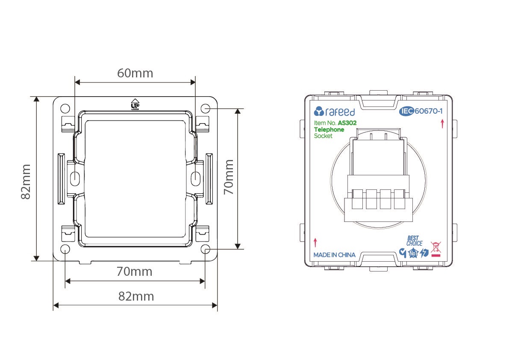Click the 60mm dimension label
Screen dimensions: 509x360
click(135, 73)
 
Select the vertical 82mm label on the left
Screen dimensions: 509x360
click(26, 181)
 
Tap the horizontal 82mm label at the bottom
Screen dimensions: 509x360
click(136, 296)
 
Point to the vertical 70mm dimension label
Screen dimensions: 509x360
click(229, 177)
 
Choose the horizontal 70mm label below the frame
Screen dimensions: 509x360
click(134, 271)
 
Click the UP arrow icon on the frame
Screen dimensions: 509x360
click(135, 104)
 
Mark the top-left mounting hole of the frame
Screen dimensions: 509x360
click(65, 109)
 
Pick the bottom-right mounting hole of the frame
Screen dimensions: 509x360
click(206, 249)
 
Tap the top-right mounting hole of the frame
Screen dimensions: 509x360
click(206, 109)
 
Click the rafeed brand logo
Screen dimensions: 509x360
click(334, 112)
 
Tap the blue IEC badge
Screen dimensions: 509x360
click(406, 111)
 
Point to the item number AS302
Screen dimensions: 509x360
click(347, 123)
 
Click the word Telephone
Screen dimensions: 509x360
click(329, 130)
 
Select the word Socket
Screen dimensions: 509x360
click(323, 136)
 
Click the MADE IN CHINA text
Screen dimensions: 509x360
click(334, 255)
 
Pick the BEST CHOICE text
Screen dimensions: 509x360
click(415, 241)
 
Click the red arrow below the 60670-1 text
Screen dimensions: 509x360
click(442, 124)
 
